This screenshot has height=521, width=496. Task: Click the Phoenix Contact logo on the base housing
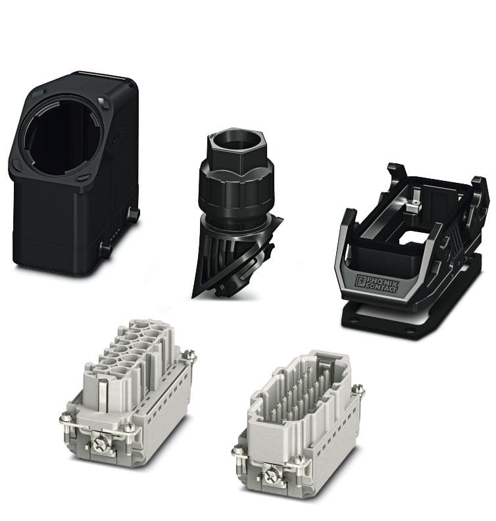coord(376,284)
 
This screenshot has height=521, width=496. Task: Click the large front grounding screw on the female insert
coord(100,445)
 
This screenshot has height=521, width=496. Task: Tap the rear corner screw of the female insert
coord(190,354)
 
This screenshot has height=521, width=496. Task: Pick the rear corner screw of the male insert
coord(358,389)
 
